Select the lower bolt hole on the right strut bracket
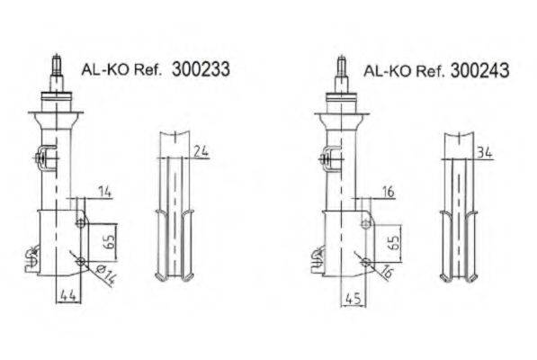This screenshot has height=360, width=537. pos(367,262)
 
